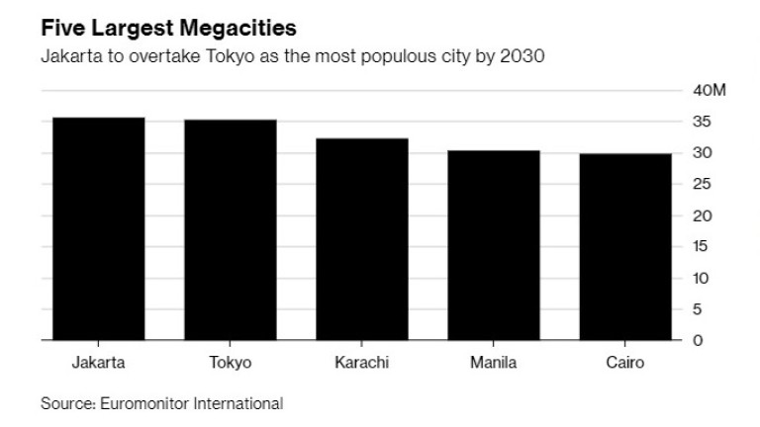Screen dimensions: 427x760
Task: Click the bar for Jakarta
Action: pos(98,228)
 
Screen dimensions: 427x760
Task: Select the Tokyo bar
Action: pos(230,229)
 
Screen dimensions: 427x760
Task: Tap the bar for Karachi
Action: pos(361,239)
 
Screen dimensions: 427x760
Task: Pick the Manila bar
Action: pos(493,245)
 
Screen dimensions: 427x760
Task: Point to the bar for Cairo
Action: pos(624,247)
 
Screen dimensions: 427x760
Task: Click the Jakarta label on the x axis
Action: pos(98,363)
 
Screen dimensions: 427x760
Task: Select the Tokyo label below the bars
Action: pos(230,363)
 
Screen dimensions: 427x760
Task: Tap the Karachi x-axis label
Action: pos(361,363)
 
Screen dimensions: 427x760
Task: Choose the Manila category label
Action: pos(493,363)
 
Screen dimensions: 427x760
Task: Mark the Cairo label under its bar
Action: pos(624,363)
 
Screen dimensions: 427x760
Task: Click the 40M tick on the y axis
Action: pos(710,91)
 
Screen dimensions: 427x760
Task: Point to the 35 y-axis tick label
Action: pos(702,123)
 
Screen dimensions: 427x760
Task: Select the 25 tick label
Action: pos(702,185)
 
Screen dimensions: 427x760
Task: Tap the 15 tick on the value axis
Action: pos(702,247)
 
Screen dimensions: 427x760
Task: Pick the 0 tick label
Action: pos(697,341)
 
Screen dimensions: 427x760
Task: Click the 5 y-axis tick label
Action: pos(697,309)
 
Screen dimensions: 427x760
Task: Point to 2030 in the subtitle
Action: pos(523,56)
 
